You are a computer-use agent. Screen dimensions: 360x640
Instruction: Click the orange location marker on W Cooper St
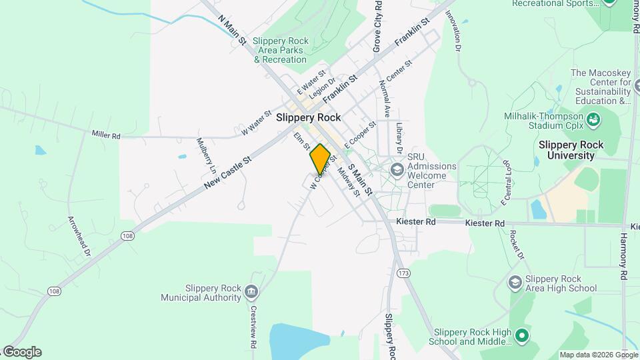click(x=320, y=159)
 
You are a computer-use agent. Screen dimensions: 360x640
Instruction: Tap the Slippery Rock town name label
click(x=308, y=117)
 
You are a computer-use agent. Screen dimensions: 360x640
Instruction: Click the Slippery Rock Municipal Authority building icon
click(x=251, y=291)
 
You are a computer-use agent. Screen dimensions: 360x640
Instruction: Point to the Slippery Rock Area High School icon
click(x=514, y=283)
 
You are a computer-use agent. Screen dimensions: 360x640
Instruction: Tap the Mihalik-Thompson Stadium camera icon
click(x=593, y=120)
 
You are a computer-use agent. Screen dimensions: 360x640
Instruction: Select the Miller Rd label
click(x=106, y=135)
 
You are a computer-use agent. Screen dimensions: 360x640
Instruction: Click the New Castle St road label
click(x=227, y=171)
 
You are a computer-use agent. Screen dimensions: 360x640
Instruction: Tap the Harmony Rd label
click(x=625, y=247)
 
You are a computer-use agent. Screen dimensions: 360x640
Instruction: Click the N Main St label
click(x=233, y=29)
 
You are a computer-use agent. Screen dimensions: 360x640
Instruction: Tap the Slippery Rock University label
click(x=566, y=150)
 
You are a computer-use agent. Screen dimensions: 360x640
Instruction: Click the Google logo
click(x=21, y=352)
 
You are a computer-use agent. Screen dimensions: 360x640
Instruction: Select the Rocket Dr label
click(x=517, y=245)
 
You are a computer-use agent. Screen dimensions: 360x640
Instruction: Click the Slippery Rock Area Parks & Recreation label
click(x=280, y=50)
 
